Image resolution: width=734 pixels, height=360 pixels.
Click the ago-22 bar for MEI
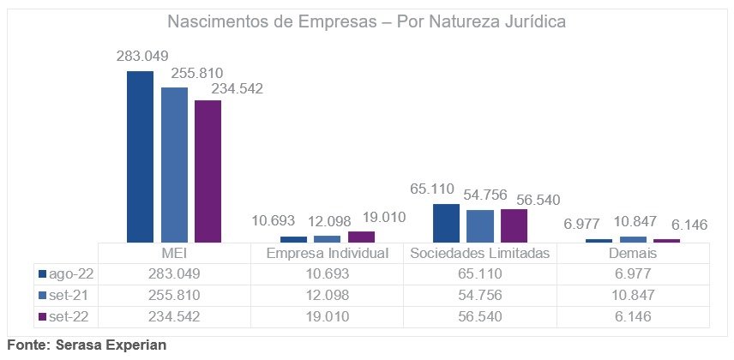tap(140, 156)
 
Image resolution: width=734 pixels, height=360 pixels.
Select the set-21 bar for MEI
tap(174, 165)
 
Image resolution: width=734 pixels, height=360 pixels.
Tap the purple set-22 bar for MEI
tap(208, 171)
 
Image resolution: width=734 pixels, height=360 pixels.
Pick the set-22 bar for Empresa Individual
tap(361, 237)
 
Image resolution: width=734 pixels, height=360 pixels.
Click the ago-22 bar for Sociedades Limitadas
tap(446, 223)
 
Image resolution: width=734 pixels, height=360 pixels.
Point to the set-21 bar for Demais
tap(633, 239)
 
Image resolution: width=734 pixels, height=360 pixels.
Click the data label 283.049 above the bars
tap(142, 57)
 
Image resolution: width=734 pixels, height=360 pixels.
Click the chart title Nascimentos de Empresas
tap(366, 21)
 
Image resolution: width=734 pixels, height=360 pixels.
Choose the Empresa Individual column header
tap(328, 254)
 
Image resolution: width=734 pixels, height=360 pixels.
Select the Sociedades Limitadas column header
tap(479, 254)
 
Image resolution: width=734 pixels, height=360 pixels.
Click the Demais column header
tap(633, 254)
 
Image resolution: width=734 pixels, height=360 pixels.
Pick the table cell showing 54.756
tap(479, 295)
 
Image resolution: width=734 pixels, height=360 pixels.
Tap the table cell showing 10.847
tap(633, 295)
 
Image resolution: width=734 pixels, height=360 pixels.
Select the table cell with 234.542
tap(174, 316)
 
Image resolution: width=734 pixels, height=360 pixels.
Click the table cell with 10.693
tap(328, 274)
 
